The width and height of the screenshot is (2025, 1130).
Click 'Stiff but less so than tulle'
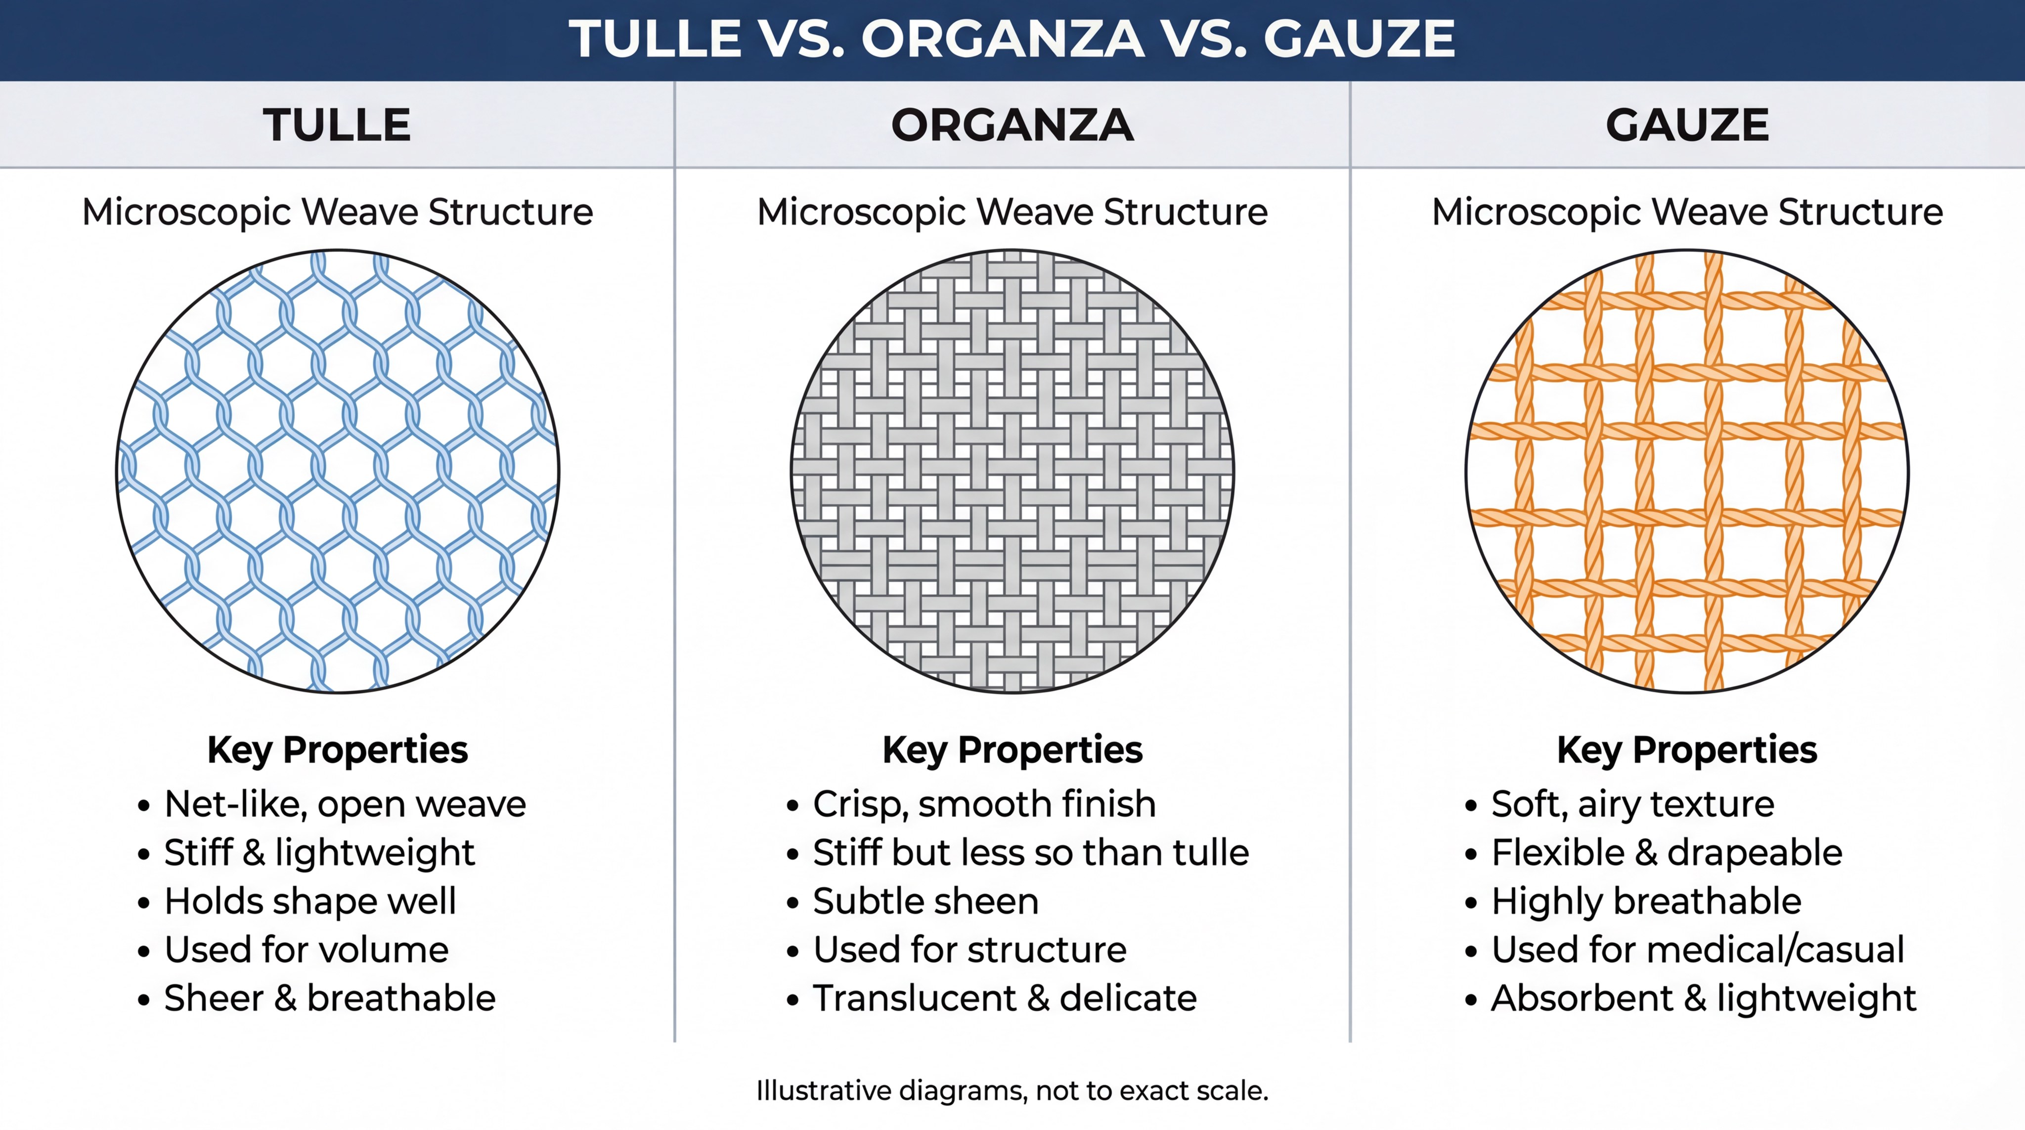click(x=1031, y=853)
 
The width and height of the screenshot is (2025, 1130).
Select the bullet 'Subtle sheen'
click(x=925, y=901)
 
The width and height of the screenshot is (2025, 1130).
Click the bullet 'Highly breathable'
click(x=1646, y=901)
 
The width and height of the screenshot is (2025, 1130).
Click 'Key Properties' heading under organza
click(x=1012, y=750)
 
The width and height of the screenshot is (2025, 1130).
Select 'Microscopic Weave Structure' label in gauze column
click(x=1688, y=212)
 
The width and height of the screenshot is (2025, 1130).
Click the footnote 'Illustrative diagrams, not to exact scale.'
click(x=1012, y=1091)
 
